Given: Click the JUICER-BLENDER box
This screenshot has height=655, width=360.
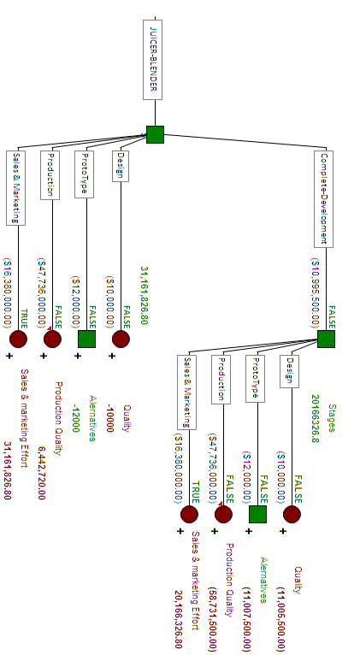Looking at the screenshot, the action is pyautogui.click(x=152, y=60).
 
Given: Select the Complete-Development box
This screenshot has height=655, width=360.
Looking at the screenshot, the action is pyautogui.click(x=324, y=199).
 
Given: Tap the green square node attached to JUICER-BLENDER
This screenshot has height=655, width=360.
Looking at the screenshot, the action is pyautogui.click(x=155, y=134).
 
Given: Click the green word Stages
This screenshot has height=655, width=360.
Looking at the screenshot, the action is pyautogui.click(x=332, y=418).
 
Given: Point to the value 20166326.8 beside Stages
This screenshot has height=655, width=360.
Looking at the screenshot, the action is pyautogui.click(x=316, y=418).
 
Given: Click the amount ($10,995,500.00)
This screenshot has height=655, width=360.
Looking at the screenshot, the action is pyautogui.click(x=316, y=292).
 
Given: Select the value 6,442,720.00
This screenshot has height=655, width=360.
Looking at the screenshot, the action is pyautogui.click(x=41, y=473).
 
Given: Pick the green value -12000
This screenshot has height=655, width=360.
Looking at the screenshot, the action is pyautogui.click(x=76, y=418).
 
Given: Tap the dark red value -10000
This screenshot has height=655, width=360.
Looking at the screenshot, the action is pyautogui.click(x=109, y=418).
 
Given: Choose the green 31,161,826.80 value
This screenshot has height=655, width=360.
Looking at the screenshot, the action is pyautogui.click(x=144, y=295).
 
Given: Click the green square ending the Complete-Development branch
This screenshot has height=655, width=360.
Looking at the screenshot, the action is pyautogui.click(x=326, y=339).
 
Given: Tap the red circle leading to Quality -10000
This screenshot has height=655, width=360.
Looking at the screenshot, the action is pyautogui.click(x=121, y=339).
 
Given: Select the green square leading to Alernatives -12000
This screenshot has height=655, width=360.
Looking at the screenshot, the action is pyautogui.click(x=86, y=339).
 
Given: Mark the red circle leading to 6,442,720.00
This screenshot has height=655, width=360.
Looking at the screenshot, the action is pyautogui.click(x=52, y=339).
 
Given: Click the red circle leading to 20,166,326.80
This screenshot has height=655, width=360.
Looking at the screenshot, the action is pyautogui.click(x=189, y=514).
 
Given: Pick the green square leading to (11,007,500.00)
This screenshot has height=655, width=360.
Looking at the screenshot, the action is pyautogui.click(x=257, y=514).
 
